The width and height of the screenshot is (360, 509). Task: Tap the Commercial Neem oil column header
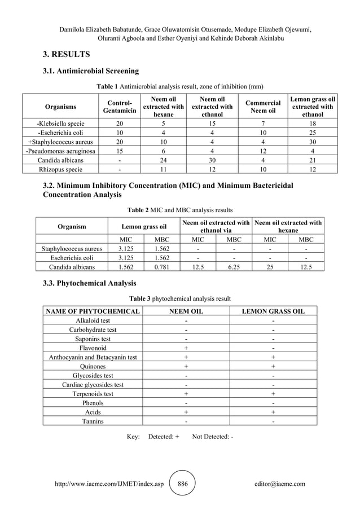tap(263, 107)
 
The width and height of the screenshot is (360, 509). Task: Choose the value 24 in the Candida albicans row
tap(163, 160)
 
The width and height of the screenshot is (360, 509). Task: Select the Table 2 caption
tap(179, 209)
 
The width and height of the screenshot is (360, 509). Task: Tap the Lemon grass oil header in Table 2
tap(144, 227)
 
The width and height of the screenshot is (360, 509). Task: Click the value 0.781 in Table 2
tap(162, 266)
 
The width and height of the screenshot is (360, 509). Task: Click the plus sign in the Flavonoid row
tap(186, 348)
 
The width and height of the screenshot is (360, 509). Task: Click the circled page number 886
tap(183, 484)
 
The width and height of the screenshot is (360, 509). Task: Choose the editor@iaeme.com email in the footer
tap(280, 484)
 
